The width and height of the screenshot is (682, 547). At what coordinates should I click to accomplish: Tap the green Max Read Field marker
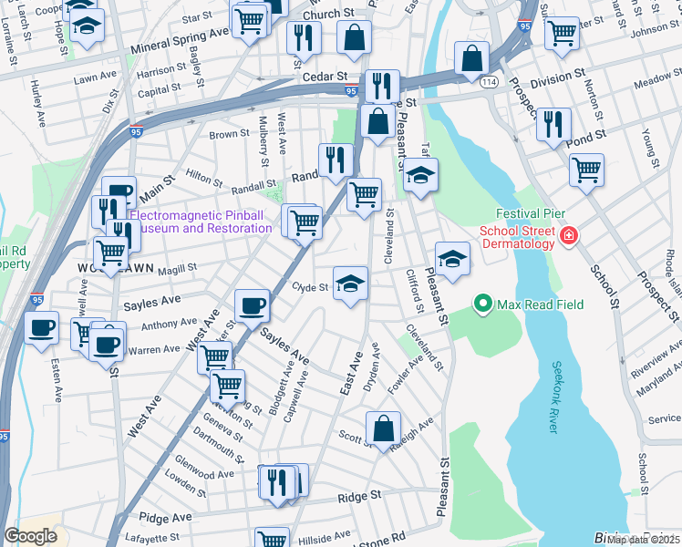click(x=481, y=302)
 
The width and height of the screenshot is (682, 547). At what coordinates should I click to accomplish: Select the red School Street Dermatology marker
click(x=570, y=236)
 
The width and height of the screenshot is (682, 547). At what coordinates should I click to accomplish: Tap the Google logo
click(x=31, y=536)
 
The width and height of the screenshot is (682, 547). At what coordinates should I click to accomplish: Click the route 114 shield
click(x=489, y=82)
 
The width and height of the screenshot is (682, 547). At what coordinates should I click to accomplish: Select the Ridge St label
click(x=358, y=496)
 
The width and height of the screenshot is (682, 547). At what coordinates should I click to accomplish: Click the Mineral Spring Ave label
click(x=180, y=38)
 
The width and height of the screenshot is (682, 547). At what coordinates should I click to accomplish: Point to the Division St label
click(x=557, y=80)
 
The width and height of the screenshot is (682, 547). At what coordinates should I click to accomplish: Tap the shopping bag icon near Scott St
click(x=384, y=427)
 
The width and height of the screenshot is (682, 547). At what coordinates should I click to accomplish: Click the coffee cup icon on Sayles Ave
click(x=252, y=305)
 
